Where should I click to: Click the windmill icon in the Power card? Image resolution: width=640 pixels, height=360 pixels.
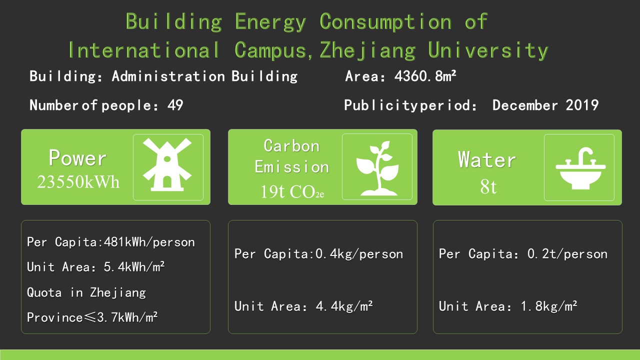click(x=167, y=164)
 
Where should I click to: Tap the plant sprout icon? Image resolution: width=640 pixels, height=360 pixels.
click(x=377, y=168)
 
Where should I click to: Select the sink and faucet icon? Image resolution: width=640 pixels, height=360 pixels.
click(x=580, y=168)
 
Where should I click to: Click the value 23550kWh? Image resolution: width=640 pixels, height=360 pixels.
click(x=78, y=181)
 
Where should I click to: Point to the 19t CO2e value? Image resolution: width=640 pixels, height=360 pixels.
click(x=292, y=191)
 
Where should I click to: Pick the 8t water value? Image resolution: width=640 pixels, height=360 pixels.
click(x=488, y=187)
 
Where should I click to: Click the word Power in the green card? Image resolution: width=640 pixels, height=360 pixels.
click(x=77, y=157)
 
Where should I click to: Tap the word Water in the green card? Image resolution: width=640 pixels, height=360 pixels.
click(x=487, y=159)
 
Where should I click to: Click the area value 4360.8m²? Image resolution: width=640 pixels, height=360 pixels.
click(x=425, y=76)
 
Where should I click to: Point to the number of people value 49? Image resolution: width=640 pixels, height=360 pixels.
click(x=175, y=105)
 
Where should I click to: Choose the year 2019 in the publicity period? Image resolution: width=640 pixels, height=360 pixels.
click(x=582, y=105)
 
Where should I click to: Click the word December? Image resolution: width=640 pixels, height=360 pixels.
click(x=525, y=105)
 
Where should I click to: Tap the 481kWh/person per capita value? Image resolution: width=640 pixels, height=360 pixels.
click(x=149, y=242)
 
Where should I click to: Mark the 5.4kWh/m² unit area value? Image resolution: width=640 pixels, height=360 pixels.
click(x=134, y=267)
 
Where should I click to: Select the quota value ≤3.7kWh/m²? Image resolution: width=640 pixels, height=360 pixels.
click(x=120, y=317)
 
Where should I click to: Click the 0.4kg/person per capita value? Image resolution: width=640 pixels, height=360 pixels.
click(x=359, y=254)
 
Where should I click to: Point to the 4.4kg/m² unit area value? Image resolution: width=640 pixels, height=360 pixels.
click(x=344, y=306)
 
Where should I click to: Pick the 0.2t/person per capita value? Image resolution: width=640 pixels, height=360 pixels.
click(x=567, y=254)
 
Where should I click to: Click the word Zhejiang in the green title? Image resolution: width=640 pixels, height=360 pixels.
click(x=367, y=51)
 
